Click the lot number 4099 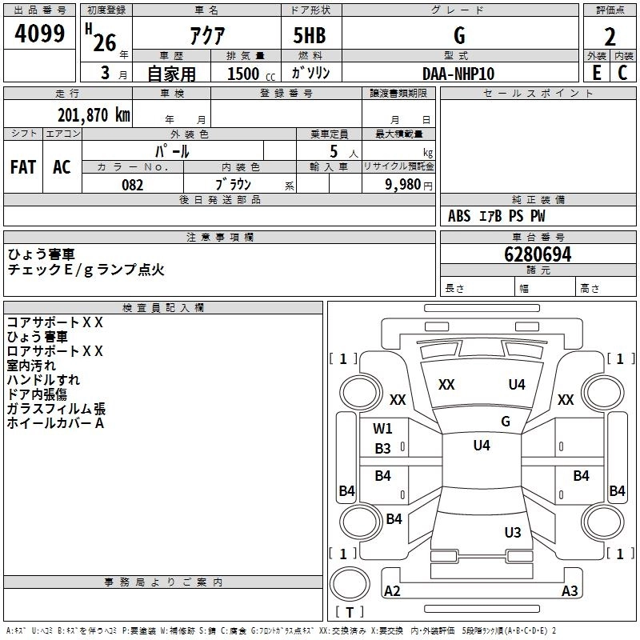point(40,34)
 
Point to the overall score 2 point(610,36)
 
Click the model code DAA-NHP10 point(458,74)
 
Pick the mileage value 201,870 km point(94,114)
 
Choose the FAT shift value point(23,167)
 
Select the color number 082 point(132,185)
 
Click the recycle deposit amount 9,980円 point(408,185)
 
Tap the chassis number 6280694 point(538,254)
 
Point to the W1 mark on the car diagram point(382,428)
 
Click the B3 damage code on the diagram point(383,449)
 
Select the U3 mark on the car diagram point(513,533)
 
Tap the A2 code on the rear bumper point(392,591)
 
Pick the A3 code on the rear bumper point(570,591)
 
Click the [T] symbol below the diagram point(349,613)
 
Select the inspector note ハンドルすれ point(43,380)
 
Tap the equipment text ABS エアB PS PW point(497,216)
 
